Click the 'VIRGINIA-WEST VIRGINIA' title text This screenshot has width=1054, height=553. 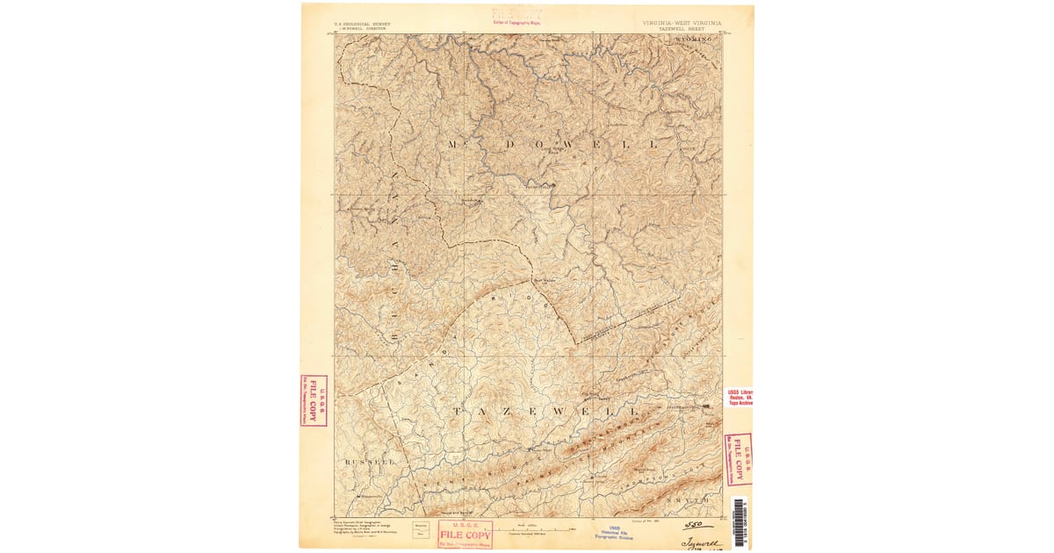pyautogui.click(x=682, y=22)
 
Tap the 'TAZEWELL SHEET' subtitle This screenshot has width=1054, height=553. pyautogui.click(x=682, y=28)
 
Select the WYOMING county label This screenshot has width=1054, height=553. pyautogui.click(x=695, y=39)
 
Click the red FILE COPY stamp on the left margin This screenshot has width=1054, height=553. pyautogui.click(x=313, y=401)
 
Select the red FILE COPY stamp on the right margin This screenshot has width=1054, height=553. pyautogui.click(x=738, y=459)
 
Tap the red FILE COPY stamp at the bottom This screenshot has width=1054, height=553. pyautogui.click(x=466, y=534)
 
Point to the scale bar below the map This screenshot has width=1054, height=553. pyautogui.click(x=527, y=527)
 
